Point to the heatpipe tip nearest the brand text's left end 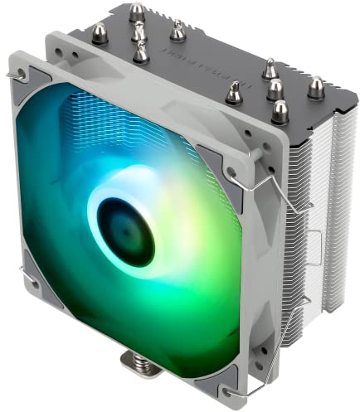tap(178, 31)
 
